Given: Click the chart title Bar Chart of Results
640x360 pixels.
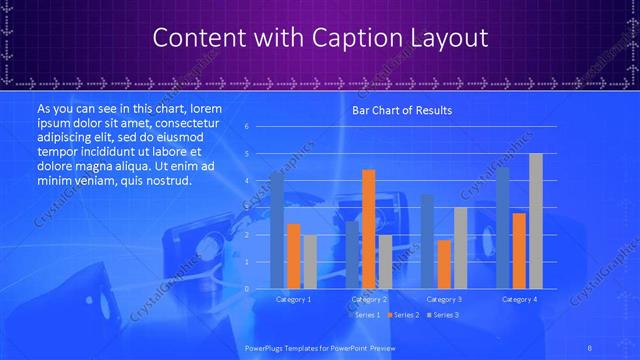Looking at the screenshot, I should coord(401,110).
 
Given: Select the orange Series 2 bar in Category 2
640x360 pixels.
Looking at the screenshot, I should coord(369,229).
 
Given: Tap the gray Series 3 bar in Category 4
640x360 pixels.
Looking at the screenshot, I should coord(536,221).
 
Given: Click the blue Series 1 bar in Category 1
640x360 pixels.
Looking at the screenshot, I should coord(277,230).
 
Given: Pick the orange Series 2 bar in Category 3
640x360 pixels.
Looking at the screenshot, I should coord(444,264).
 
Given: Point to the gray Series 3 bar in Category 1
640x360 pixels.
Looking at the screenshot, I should coord(310,262).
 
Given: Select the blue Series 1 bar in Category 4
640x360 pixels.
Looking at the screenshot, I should coord(503,228).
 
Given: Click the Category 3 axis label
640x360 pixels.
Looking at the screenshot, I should coord(444,299).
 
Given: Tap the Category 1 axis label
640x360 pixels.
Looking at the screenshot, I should coord(294,299).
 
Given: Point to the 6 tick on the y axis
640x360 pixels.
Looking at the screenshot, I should coord(246,127).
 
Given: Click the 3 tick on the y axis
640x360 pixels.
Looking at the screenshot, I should coord(246,208).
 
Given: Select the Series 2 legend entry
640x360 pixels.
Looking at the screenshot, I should coord(404,315).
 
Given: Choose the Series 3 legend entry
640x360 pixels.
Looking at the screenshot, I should coord(444,315).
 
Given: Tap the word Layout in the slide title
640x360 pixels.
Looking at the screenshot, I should coord(447,38).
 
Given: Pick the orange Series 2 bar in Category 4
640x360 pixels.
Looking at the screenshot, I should coord(519,251).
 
